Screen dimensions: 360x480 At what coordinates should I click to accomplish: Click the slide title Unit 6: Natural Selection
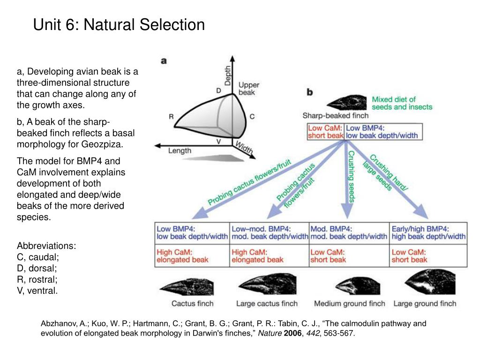pyautogui.click(x=119, y=24)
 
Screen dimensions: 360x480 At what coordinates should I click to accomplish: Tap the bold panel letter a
pyautogui.click(x=164, y=61)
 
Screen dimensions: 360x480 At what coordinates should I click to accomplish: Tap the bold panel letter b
pyautogui.click(x=310, y=92)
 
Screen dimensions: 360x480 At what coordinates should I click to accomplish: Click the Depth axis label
pyautogui.click(x=228, y=75)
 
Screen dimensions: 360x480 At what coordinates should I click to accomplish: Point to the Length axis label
pyautogui.click(x=180, y=150)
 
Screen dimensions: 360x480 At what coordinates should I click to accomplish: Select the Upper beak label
pyautogui.click(x=248, y=89)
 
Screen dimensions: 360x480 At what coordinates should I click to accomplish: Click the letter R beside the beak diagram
pyautogui.click(x=172, y=117)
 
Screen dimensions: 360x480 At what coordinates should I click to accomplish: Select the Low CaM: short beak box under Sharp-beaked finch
pyautogui.click(x=325, y=132)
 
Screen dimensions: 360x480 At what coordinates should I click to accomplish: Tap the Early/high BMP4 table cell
pyautogui.click(x=428, y=232)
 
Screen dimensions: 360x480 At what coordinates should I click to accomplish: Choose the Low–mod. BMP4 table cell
pyautogui.click(x=269, y=232)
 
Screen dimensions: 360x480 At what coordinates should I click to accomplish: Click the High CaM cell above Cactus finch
pyautogui.click(x=192, y=256)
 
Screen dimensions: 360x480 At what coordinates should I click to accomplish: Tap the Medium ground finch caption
pyautogui.click(x=349, y=303)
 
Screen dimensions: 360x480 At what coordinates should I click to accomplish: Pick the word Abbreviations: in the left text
pyautogui.click(x=46, y=246)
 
